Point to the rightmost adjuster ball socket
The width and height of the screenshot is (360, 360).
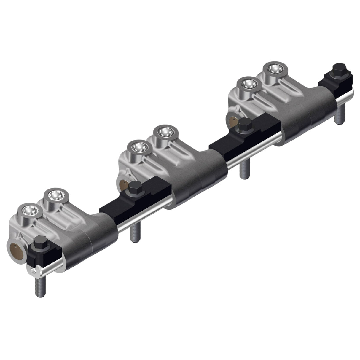tap(273, 69)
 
